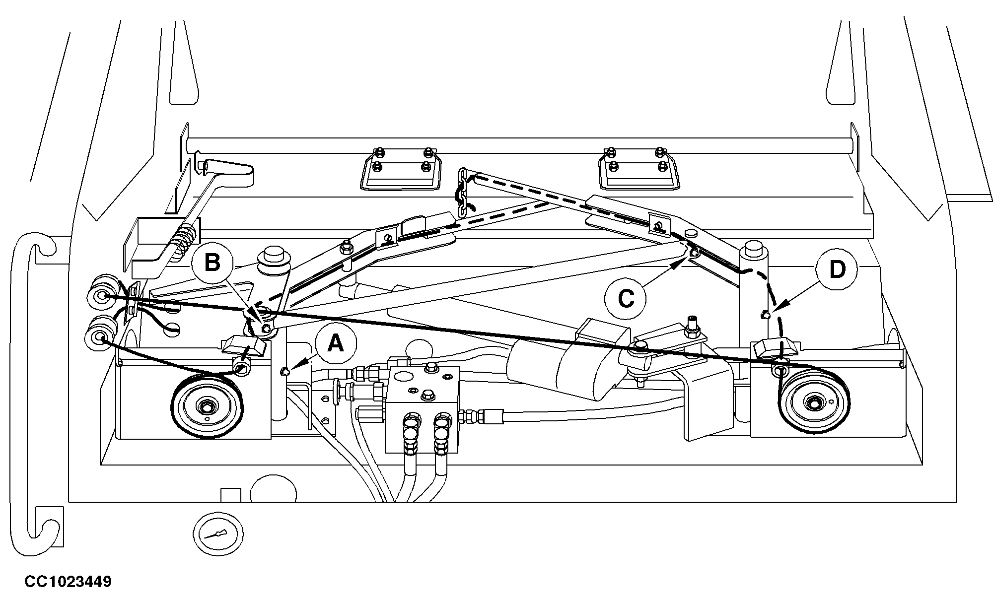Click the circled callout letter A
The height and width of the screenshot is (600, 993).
(336, 343)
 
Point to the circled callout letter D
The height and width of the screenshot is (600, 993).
(837, 270)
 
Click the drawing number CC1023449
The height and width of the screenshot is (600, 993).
(68, 582)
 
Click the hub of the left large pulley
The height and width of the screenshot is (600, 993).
(205, 407)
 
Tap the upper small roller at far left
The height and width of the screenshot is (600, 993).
(102, 296)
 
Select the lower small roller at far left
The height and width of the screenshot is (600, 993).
(101, 336)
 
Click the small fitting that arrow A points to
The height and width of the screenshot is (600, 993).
(284, 371)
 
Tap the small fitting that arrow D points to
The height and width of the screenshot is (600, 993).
(765, 314)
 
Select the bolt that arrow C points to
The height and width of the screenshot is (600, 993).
(694, 253)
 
